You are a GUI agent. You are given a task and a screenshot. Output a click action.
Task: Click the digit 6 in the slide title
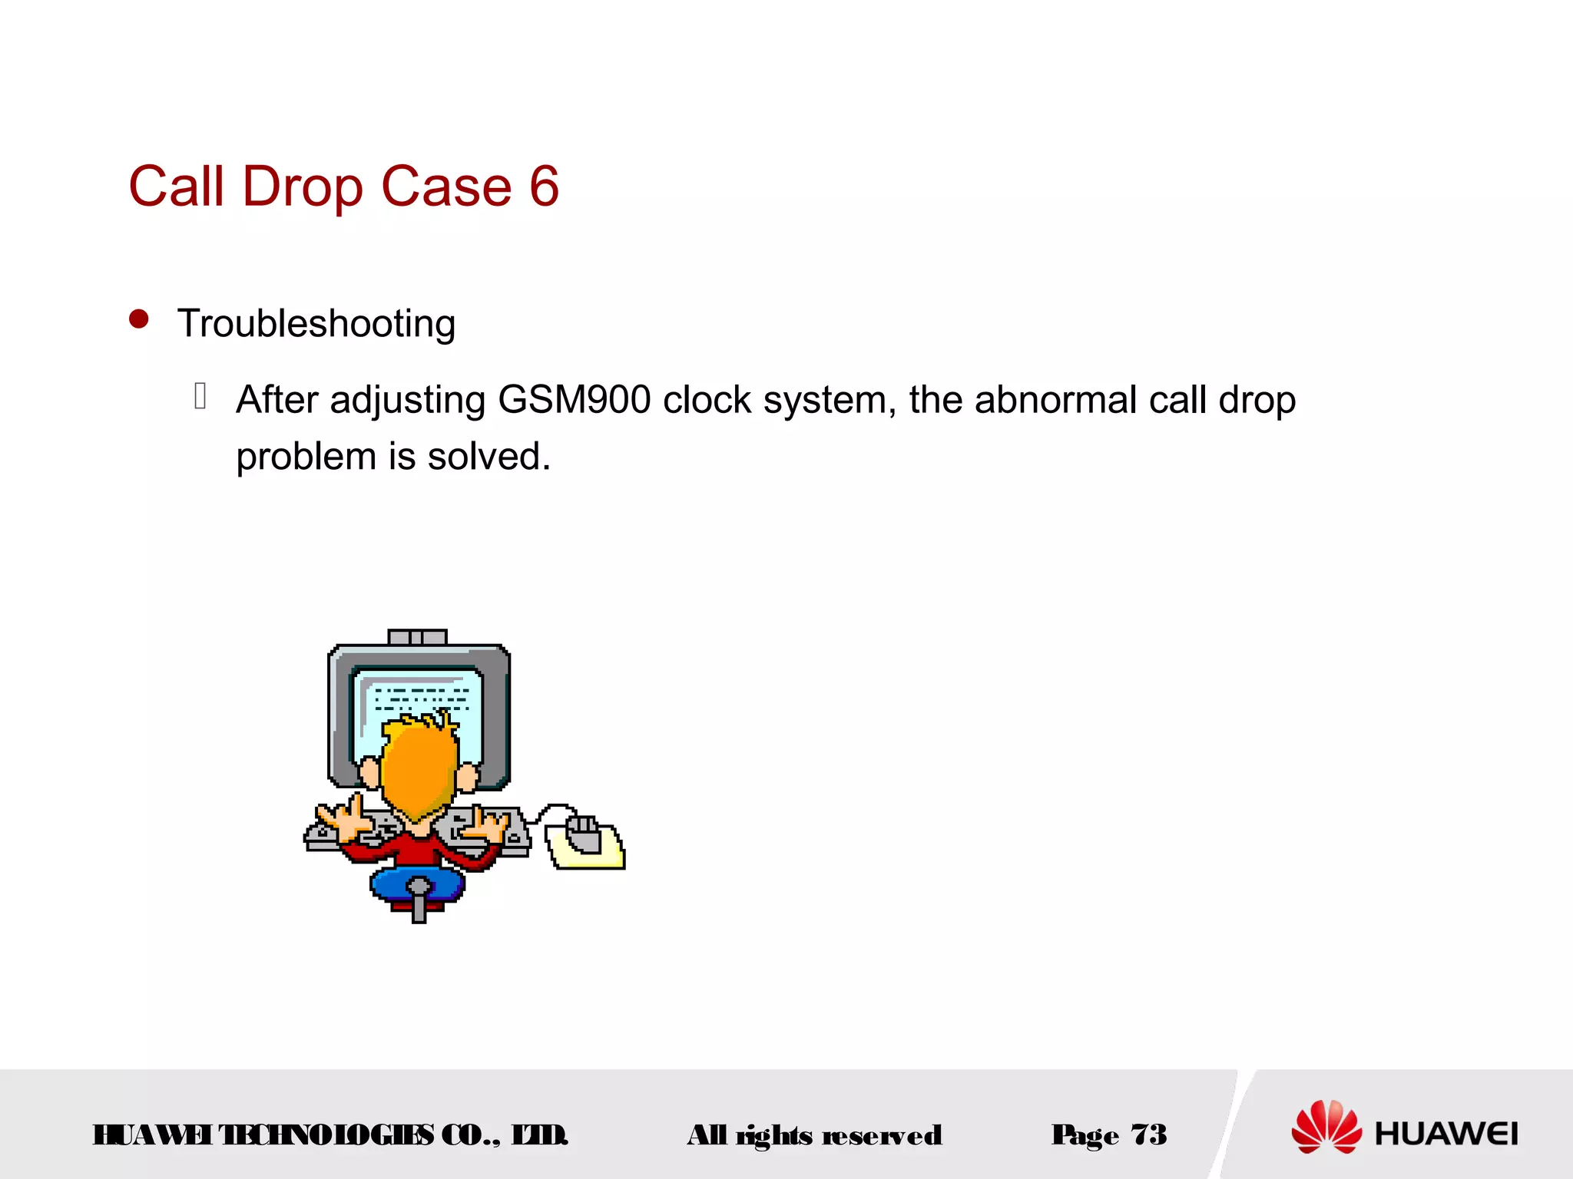point(544,187)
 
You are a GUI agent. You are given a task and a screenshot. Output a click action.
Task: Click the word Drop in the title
point(303,188)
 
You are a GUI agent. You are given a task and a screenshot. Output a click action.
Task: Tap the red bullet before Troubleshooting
point(139,319)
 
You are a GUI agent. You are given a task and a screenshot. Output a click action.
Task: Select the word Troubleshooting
point(316,324)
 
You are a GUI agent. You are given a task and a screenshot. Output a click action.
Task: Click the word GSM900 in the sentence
point(574,400)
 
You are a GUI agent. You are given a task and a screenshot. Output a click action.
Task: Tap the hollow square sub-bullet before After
point(200,396)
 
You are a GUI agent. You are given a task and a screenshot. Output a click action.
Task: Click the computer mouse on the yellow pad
point(584,835)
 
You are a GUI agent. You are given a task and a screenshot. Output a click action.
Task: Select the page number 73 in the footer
point(1149,1134)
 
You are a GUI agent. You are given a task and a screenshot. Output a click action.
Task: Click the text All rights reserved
point(814,1135)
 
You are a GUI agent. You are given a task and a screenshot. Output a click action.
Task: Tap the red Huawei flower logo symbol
point(1326,1127)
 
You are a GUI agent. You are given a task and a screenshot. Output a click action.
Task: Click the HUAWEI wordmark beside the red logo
point(1446,1134)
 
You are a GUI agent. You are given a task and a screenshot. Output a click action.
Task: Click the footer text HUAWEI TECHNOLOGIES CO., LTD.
point(330,1134)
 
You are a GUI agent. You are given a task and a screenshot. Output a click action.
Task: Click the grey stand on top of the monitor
point(417,637)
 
